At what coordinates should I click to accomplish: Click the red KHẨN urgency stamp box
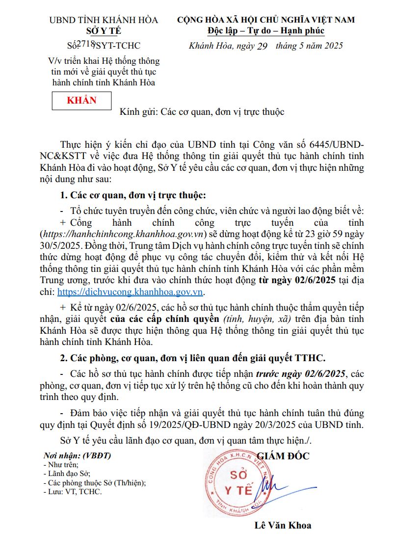pos(81,101)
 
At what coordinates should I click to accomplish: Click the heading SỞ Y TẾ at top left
pos(104,31)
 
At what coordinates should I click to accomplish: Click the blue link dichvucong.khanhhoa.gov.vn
pos(130,291)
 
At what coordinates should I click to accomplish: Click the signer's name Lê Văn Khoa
pos(283,525)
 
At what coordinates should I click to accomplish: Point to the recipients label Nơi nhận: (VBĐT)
pos(77,455)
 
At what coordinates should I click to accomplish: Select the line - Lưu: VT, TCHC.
pos(73,491)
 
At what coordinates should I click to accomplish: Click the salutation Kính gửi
pos(137,112)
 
